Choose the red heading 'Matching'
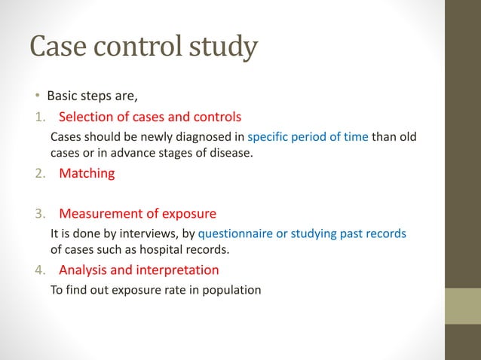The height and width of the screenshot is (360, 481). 87,173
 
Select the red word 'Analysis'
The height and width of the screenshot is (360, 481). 84,270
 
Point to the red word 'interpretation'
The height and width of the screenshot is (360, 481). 179,270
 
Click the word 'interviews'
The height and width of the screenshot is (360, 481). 142,233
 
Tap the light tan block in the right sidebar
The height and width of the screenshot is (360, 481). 462,307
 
